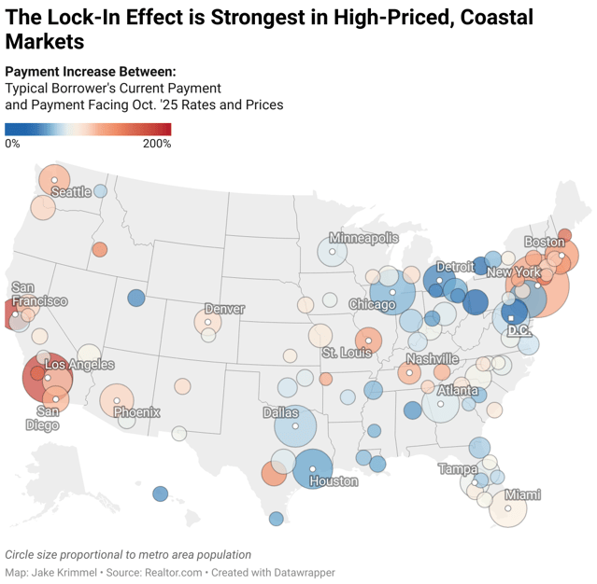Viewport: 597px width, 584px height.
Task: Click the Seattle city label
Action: coord(71,192)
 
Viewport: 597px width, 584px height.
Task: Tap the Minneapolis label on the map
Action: coord(363,238)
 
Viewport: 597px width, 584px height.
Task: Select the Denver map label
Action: coord(224,309)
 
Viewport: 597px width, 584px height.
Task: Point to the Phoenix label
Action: coord(136,411)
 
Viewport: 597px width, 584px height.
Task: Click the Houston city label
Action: coord(333,481)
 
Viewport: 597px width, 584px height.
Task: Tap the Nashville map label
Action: coord(433,359)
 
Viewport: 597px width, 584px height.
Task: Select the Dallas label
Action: coord(281,411)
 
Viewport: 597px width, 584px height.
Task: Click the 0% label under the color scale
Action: coord(12,144)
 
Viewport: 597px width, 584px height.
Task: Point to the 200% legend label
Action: coord(156,144)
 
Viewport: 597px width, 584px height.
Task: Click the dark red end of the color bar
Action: coord(167,130)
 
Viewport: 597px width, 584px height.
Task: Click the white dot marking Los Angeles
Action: coord(47,378)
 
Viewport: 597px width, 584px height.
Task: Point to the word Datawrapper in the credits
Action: coord(303,572)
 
